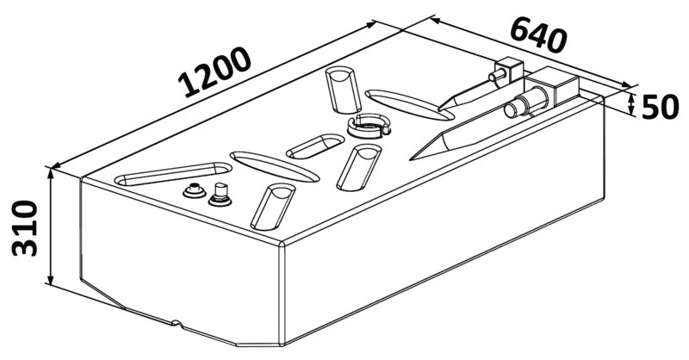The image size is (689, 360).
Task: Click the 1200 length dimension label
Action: point(214,72)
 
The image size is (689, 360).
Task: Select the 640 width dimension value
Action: point(538,36)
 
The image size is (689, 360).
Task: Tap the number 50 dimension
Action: point(660,108)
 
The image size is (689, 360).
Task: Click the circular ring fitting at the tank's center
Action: point(368,126)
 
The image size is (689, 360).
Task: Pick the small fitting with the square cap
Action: point(220,195)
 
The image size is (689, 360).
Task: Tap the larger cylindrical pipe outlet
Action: point(526,102)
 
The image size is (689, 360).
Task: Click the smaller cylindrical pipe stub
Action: point(497,75)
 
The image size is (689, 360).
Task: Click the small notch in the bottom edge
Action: point(177,324)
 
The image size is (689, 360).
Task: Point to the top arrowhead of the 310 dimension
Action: point(51,172)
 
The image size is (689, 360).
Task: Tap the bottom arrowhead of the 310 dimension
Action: point(51,281)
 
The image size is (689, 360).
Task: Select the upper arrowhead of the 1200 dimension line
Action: point(371,23)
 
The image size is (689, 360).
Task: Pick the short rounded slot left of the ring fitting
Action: point(315,146)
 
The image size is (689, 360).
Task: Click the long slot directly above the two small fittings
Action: point(173,174)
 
